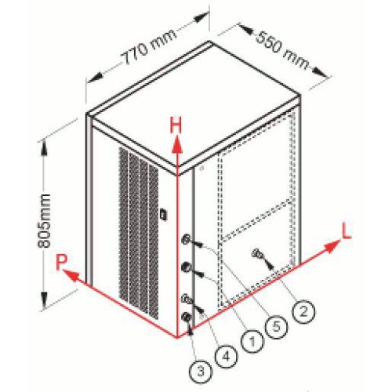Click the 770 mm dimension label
(x=148, y=47)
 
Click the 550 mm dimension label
(x=282, y=49)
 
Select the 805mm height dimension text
(x=45, y=220)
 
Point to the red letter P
(x=62, y=262)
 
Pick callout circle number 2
(x=303, y=311)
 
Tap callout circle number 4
(x=227, y=356)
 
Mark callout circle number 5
(x=277, y=326)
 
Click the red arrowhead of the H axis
(x=177, y=146)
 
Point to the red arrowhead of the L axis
(x=332, y=247)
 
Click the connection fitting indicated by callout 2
(x=256, y=253)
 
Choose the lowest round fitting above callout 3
(x=186, y=318)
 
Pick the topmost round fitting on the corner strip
(x=187, y=239)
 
